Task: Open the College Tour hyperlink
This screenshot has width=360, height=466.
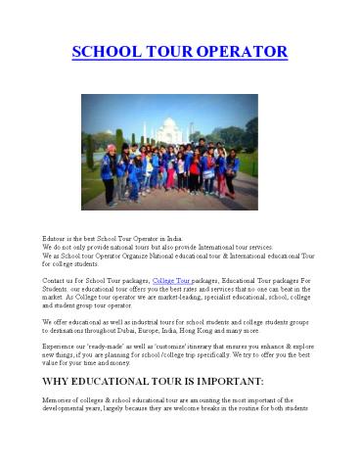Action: tap(172, 280)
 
